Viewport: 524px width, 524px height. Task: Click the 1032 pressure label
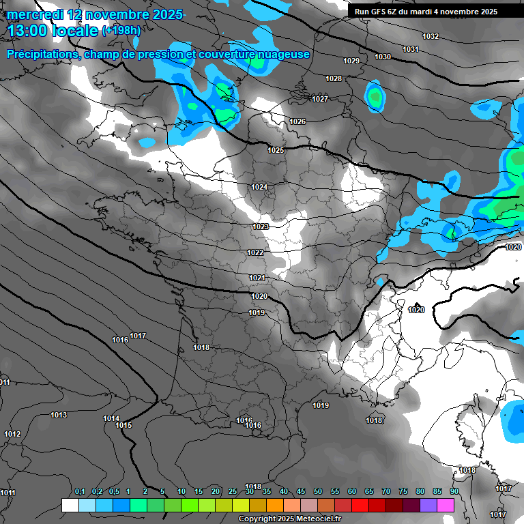431,36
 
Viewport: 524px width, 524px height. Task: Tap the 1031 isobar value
410,49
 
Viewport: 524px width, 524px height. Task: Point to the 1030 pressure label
383,57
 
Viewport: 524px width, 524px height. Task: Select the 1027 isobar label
320,99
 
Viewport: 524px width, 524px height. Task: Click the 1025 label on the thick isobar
276,150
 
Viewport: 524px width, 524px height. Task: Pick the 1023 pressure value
261,227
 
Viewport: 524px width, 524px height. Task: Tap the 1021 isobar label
257,278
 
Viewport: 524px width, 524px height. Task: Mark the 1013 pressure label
59,415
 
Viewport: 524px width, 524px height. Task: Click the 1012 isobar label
12,434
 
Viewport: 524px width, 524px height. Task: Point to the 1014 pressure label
111,418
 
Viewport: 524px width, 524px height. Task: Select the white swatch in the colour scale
70,505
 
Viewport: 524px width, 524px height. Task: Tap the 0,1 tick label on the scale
79,491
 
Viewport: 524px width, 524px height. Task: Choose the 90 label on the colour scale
454,491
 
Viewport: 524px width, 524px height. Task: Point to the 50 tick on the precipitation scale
318,491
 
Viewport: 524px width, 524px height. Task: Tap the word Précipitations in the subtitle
42,54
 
